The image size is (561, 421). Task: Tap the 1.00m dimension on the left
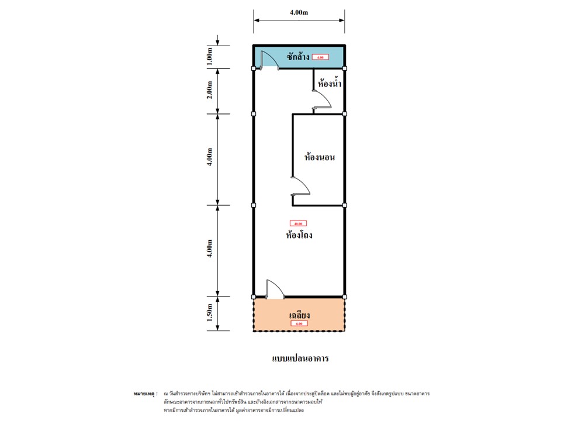tap(212, 56)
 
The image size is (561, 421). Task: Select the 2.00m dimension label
tap(212, 91)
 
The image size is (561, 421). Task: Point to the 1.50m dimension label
tap(212, 314)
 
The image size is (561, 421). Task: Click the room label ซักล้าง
tap(297, 57)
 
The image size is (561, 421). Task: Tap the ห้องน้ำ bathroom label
tap(329, 84)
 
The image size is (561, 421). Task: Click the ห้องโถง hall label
tap(299, 236)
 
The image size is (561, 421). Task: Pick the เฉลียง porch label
tap(299, 315)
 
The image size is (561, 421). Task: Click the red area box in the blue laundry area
tap(320, 57)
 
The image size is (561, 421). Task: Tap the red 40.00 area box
tap(298, 223)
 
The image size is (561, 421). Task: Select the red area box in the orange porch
tap(299, 323)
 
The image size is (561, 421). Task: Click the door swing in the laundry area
tap(268, 58)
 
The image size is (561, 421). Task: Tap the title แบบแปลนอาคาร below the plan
tap(300, 358)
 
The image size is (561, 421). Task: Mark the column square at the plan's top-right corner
tap(345, 68)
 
